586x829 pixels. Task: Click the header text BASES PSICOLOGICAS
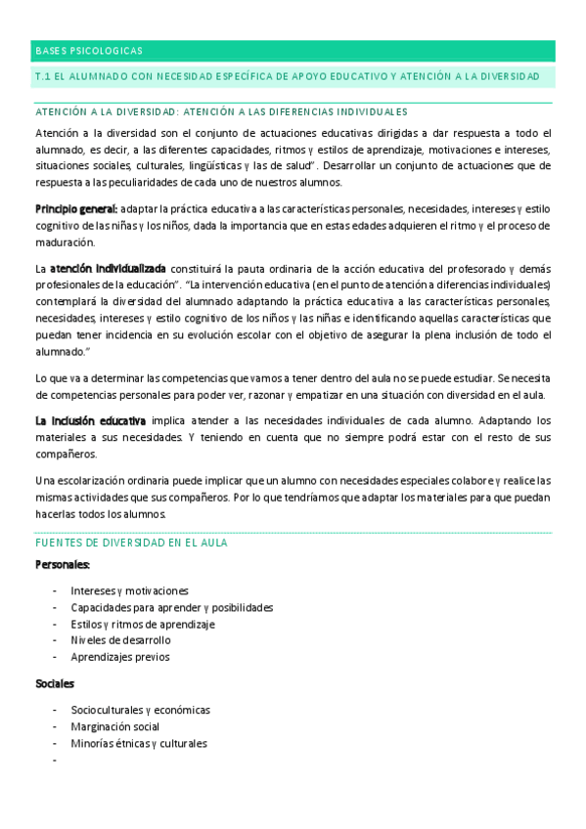point(89,50)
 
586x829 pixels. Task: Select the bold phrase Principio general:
point(76,208)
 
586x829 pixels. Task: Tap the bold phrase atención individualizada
point(108,268)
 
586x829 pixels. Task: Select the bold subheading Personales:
point(63,565)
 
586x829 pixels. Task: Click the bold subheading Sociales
point(55,684)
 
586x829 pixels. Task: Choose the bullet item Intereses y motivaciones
point(129,591)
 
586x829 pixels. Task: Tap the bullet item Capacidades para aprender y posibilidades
point(171,607)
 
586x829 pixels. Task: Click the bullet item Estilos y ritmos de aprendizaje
point(142,624)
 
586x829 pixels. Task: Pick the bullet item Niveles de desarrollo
point(120,640)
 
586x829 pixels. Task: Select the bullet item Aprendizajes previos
point(119,657)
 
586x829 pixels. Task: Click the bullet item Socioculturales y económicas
point(140,710)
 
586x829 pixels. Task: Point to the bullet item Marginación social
point(114,726)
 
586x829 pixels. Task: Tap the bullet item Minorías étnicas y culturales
point(139,743)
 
